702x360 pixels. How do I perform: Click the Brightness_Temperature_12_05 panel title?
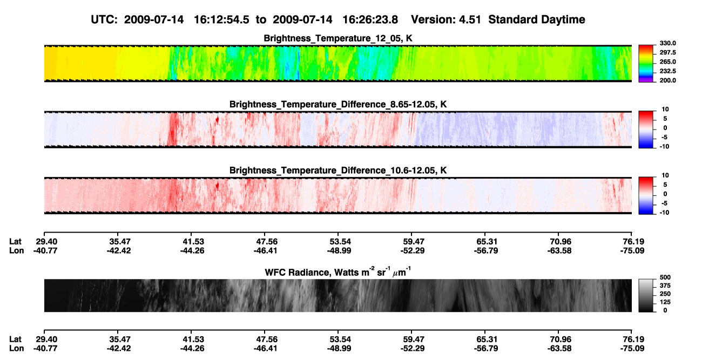pos(338,38)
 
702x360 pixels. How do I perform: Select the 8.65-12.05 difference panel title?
pos(338,104)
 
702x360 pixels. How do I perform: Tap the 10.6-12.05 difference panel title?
pos(338,171)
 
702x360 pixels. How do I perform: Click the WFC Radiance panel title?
pos(338,271)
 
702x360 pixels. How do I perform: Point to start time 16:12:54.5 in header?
pos(221,20)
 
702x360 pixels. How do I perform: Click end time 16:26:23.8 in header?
pos(370,20)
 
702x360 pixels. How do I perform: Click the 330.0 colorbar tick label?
pos(667,43)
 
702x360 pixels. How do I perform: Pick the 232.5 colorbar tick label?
pos(667,71)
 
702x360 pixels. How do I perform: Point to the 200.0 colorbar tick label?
pos(667,80)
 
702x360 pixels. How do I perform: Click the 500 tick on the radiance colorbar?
pos(665,277)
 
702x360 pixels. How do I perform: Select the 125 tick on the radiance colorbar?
pos(665,302)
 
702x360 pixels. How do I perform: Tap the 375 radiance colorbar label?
pos(665,286)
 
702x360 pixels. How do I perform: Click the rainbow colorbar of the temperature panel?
pos(646,64)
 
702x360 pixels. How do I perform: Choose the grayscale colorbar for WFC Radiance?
pos(646,295)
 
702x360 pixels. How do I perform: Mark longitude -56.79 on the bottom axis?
pos(486,349)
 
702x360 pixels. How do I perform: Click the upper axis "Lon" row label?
pos(17,250)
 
